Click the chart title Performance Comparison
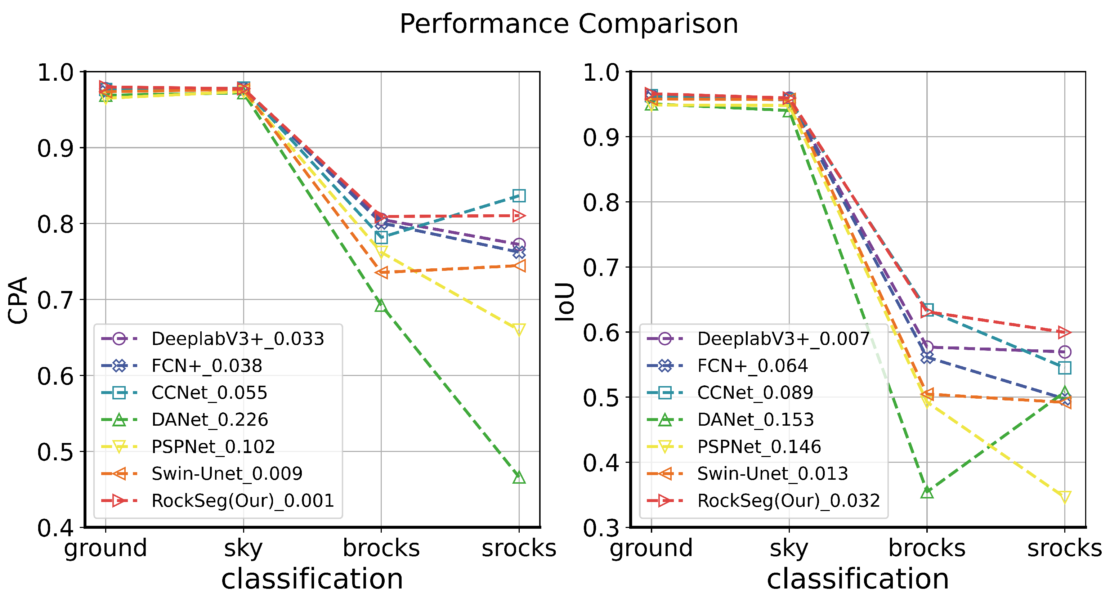569,24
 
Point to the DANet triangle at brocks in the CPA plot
381,306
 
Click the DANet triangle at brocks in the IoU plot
927,492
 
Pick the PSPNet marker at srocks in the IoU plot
1065,497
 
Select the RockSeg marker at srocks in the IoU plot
1065,332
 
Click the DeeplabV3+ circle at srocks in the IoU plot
1065,352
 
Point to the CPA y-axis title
18,300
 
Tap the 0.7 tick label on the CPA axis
55,300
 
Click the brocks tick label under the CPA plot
381,548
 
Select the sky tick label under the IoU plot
789,548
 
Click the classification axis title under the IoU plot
858,578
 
